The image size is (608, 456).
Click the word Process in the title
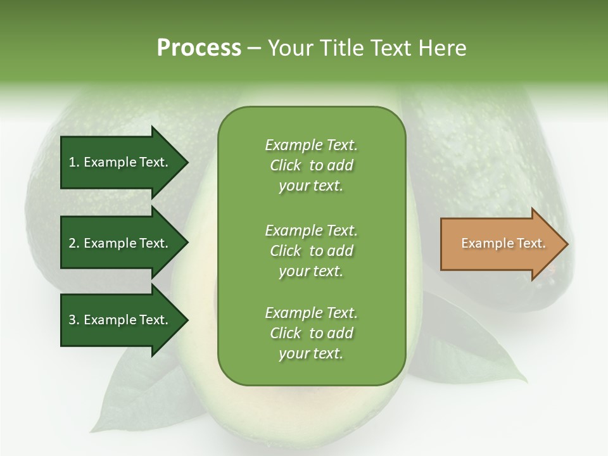point(199,47)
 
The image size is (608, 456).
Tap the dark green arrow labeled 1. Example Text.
point(120,162)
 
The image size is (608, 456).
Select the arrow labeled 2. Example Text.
point(120,243)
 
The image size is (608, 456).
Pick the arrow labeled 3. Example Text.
point(120,320)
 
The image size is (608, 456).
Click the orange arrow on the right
point(500,244)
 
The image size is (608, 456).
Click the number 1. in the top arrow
point(73,162)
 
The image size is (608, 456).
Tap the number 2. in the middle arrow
point(73,243)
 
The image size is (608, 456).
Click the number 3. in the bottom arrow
point(73,320)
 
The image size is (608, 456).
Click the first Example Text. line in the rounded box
point(311,145)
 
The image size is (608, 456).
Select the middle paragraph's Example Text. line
point(311,230)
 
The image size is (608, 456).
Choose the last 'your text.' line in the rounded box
point(311,353)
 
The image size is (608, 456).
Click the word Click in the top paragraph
point(285,165)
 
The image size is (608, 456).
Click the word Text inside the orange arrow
point(531,243)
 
